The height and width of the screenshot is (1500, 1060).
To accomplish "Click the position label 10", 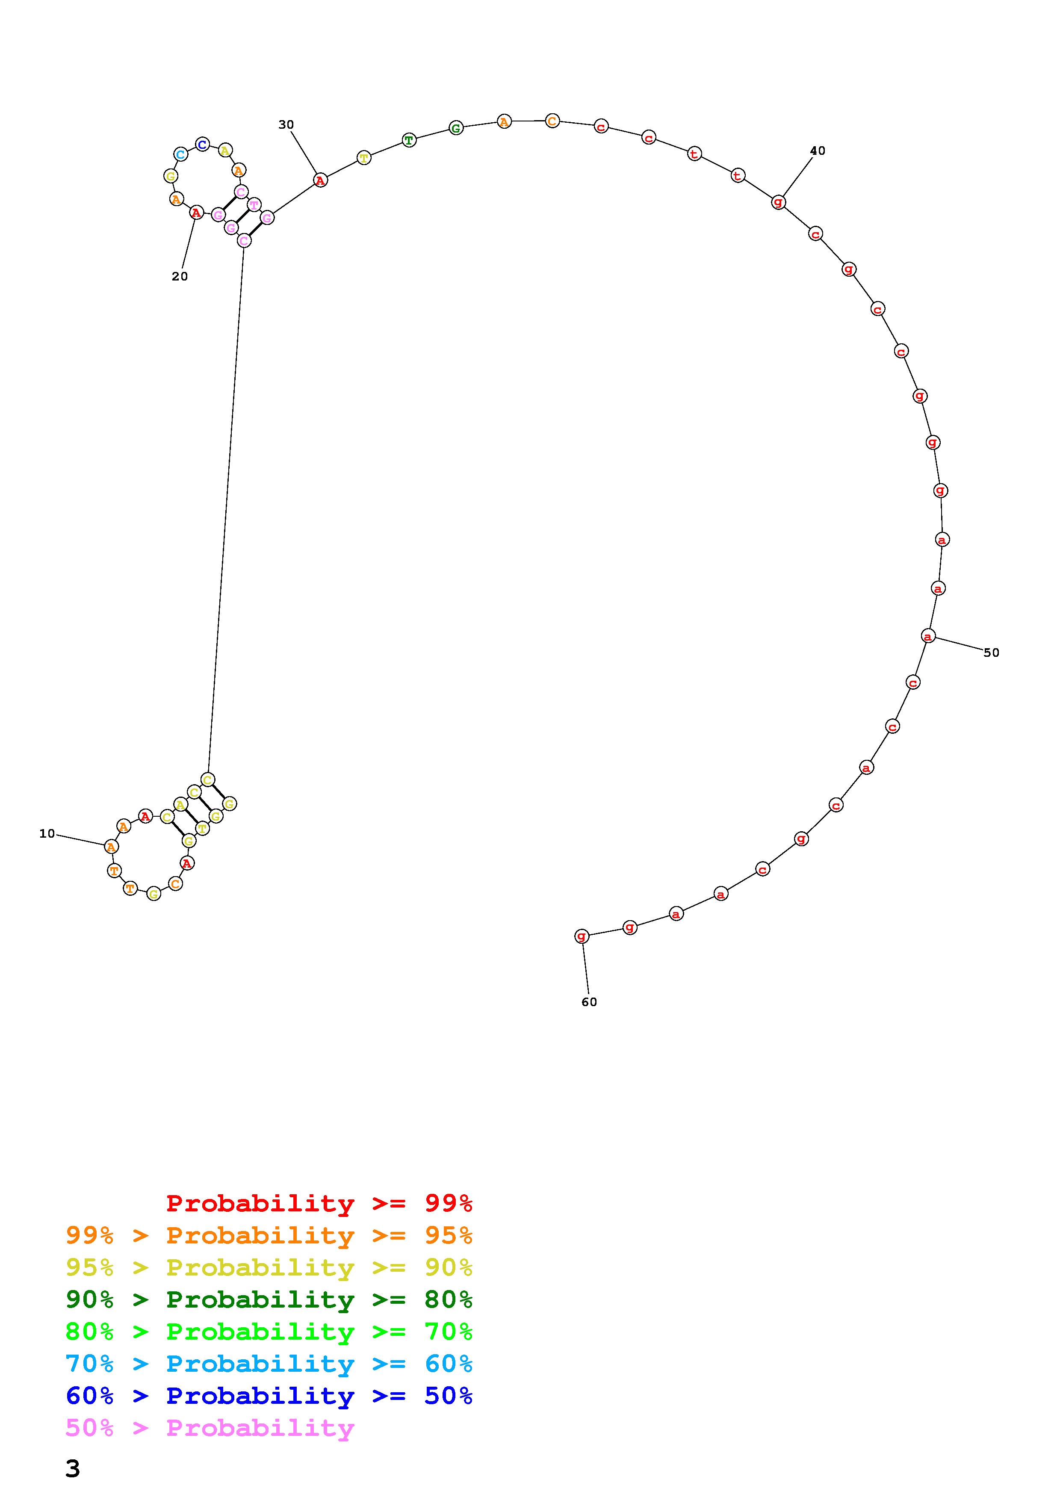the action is pos(47,834).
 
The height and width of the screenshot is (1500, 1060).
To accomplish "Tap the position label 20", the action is pos(180,276).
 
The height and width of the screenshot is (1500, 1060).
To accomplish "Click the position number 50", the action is pos(992,653).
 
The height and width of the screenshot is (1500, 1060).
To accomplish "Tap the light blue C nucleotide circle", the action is pos(181,155).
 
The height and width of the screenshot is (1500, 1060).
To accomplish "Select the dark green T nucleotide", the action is pos(409,140).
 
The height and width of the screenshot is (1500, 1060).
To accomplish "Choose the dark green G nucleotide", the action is pos(456,127).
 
